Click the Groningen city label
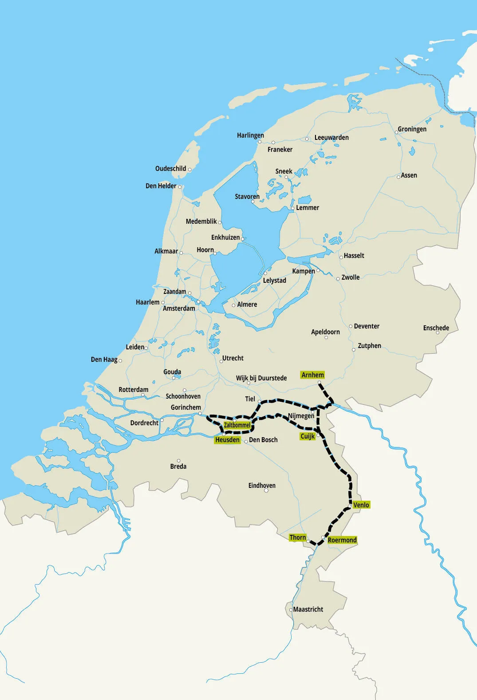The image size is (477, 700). click(412, 129)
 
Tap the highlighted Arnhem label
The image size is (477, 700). click(312, 375)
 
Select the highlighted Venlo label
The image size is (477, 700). click(361, 505)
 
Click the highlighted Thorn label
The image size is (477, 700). click(297, 538)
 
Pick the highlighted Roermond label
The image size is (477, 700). click(342, 540)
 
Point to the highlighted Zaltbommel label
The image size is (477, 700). click(237, 425)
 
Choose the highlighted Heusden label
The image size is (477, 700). click(227, 440)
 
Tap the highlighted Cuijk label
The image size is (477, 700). click(307, 436)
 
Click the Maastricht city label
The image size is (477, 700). click(308, 609)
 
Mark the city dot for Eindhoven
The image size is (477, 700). click(266, 490)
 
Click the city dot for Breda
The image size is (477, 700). click(179, 461)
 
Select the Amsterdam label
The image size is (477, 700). click(179, 308)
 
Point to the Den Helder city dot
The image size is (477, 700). click(180, 187)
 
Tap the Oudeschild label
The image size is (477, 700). click(170, 169)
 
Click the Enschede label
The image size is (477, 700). click(436, 328)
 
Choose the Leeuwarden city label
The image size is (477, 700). click(331, 138)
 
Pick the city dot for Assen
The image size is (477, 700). click(398, 177)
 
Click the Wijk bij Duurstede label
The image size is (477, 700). click(261, 378)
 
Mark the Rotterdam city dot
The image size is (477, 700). click(143, 395)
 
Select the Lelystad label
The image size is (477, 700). click(274, 281)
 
